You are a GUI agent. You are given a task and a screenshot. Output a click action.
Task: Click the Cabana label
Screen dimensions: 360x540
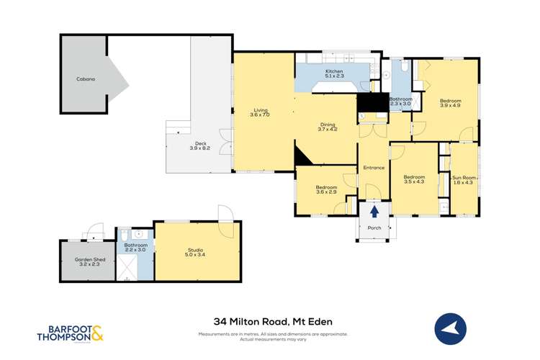pos(86,79)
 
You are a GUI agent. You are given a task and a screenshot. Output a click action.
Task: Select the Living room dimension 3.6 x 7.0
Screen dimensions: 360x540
pos(259,115)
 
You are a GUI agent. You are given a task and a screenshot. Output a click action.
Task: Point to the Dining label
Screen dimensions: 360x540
pos(328,125)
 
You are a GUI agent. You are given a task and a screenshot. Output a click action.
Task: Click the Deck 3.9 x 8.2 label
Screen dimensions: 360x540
pos(199,145)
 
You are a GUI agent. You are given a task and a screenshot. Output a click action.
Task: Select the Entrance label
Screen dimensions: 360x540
pos(374,168)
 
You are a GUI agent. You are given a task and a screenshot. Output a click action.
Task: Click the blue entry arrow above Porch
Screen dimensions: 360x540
pos(374,211)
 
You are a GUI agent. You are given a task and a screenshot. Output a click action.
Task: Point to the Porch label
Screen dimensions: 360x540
pos(374,228)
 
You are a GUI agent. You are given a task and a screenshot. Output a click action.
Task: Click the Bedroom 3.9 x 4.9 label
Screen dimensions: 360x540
pos(450,103)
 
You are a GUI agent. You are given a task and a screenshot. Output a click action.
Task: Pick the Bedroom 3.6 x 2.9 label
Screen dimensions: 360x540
pos(326,190)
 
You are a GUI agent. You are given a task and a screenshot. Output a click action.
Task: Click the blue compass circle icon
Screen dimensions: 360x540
pos(451,330)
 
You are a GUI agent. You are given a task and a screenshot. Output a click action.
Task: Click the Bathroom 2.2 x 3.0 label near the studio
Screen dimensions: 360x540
pos(135,247)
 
